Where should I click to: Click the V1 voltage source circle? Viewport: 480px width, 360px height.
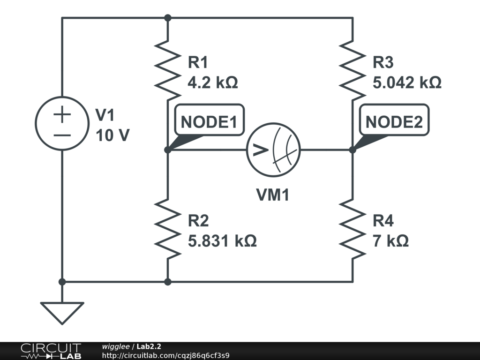pyautogui.click(x=62, y=123)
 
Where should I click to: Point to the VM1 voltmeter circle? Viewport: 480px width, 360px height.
pyautogui.click(x=274, y=150)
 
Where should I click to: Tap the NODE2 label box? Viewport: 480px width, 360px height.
pyautogui.click(x=394, y=121)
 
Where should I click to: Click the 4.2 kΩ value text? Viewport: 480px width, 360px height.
pyautogui.click(x=212, y=83)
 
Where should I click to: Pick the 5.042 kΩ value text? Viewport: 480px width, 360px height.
pyautogui.click(x=407, y=83)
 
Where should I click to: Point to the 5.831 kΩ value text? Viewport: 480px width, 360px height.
pyautogui.click(x=222, y=241)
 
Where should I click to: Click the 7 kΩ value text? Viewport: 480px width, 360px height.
pyautogui.click(x=390, y=241)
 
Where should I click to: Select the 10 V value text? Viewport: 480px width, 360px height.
pyautogui.click(x=112, y=135)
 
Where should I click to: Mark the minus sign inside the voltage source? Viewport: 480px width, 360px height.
pyautogui.click(x=62, y=135)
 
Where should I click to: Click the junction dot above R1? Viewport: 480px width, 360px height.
pyautogui.click(x=167, y=18)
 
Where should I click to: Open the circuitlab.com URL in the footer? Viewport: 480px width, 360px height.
pyautogui.click(x=165, y=356)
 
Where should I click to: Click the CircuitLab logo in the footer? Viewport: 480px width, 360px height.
pyautogui.click(x=51, y=351)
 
